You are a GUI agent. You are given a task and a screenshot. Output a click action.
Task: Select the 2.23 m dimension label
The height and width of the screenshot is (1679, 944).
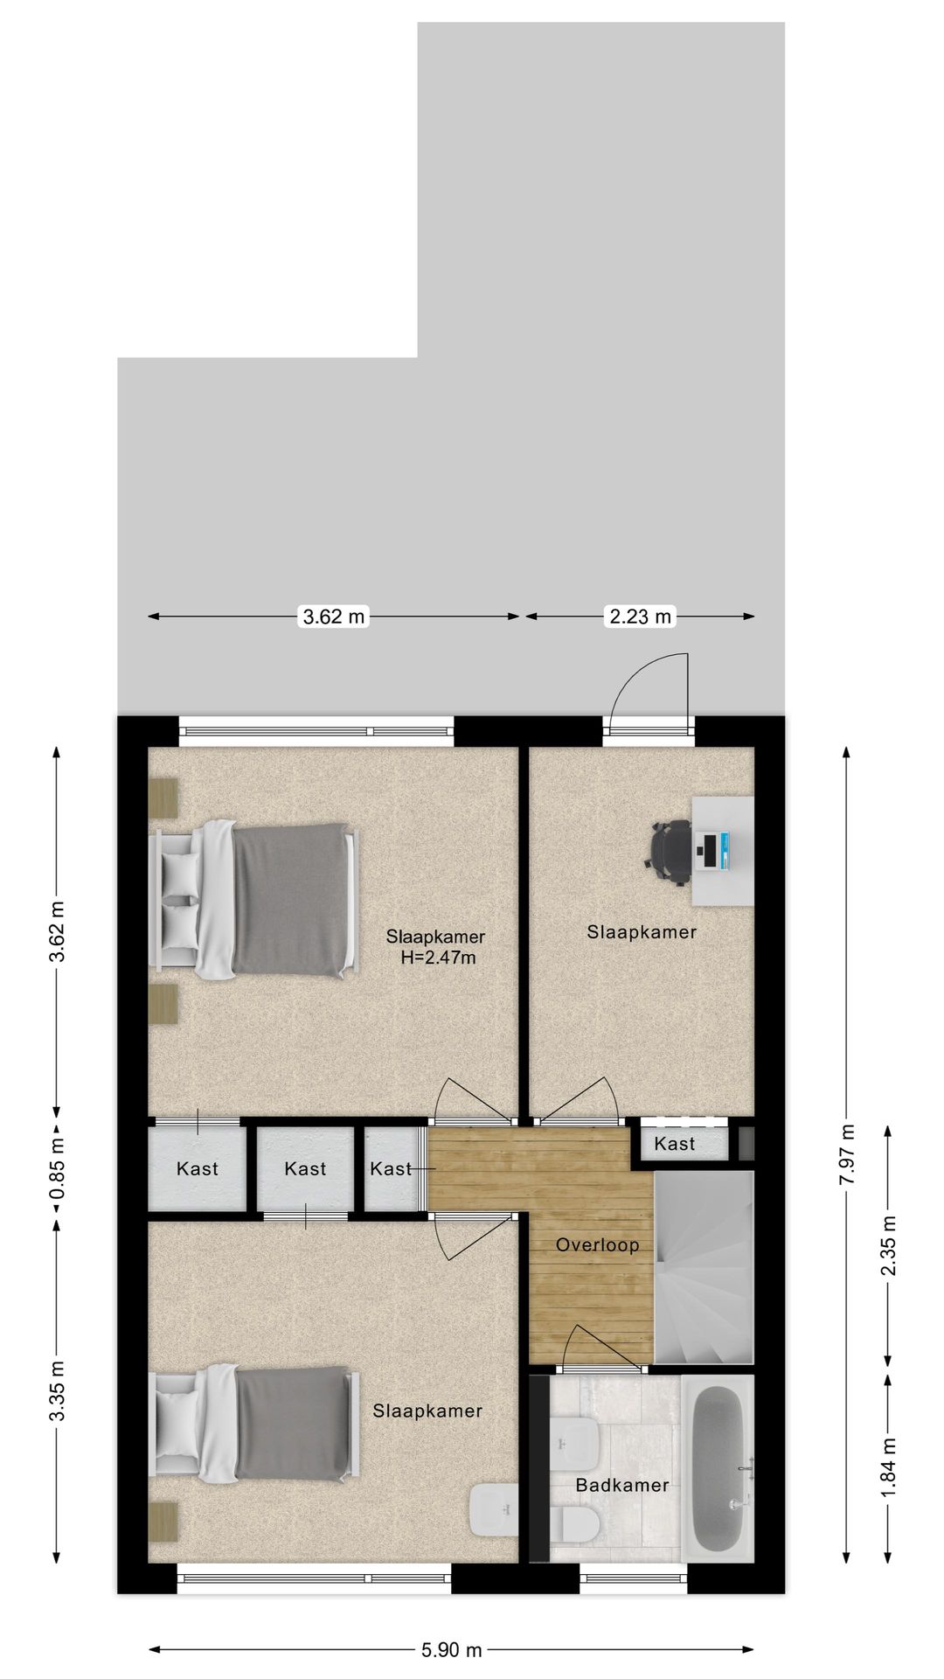[x=640, y=617]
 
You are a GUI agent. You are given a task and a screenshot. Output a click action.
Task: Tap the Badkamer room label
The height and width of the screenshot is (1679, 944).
[x=622, y=1485]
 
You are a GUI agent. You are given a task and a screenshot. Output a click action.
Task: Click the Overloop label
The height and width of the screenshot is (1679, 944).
[x=598, y=1244]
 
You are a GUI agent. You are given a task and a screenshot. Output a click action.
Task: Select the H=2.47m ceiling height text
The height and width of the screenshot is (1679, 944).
[x=438, y=958]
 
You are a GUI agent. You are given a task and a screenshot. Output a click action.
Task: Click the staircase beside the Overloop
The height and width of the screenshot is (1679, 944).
[x=704, y=1268]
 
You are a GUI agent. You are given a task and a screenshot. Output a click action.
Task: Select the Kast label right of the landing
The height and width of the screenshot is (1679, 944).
[x=675, y=1143]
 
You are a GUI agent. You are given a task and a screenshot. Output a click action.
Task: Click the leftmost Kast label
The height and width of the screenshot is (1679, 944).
[x=198, y=1168]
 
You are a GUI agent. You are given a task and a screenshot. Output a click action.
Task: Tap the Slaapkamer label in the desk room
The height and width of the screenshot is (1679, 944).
[x=642, y=931]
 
